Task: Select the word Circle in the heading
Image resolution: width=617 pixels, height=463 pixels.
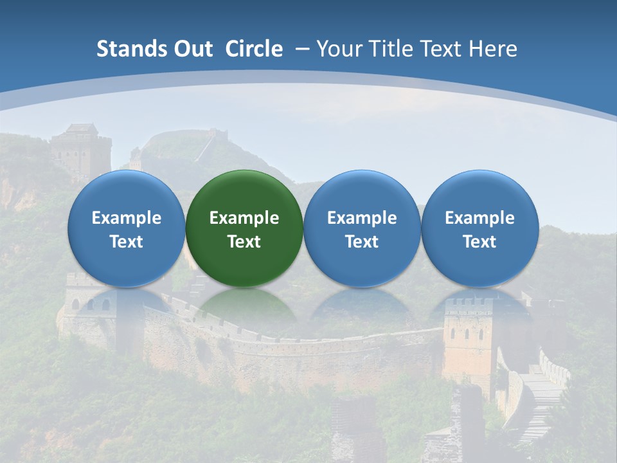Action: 254,49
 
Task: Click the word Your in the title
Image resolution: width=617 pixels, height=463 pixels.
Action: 337,49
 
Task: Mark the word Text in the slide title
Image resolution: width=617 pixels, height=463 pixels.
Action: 443,49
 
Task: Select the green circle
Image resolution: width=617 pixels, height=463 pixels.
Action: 244,228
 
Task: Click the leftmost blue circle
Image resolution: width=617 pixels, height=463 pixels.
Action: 126,228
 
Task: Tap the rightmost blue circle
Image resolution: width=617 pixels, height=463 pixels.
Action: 479,228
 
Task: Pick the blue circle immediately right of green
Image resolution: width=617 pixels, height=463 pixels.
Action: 362,228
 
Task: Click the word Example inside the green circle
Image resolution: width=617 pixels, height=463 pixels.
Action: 244,218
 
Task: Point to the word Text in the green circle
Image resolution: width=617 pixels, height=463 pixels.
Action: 244,242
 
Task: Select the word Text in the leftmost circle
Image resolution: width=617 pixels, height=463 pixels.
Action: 126,242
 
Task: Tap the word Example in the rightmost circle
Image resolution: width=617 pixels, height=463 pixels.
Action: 479,218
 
